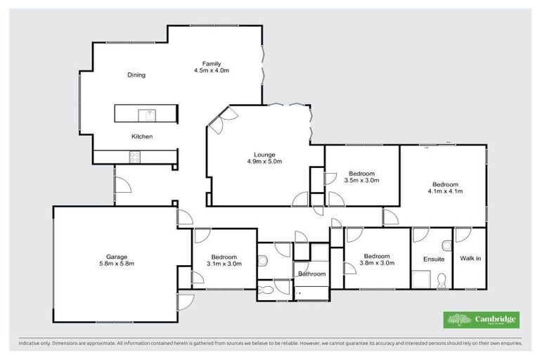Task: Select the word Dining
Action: pyautogui.click(x=136, y=75)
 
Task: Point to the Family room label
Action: pyautogui.click(x=212, y=64)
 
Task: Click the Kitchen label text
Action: pyautogui.click(x=141, y=136)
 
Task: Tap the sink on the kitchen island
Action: pyautogui.click(x=149, y=114)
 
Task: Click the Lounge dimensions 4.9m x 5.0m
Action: pyautogui.click(x=264, y=162)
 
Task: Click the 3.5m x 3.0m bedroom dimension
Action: pyautogui.click(x=361, y=181)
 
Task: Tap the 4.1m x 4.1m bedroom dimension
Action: pyautogui.click(x=444, y=191)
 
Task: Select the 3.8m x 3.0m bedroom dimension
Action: pyautogui.click(x=377, y=264)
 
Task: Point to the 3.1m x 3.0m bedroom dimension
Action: pyautogui.click(x=224, y=264)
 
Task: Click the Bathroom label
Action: pyautogui.click(x=311, y=274)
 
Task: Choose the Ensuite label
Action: pyautogui.click(x=433, y=259)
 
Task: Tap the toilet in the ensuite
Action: pyautogui.click(x=441, y=281)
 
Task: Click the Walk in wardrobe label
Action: pyautogui.click(x=470, y=259)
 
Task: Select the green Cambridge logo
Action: pyautogui.click(x=481, y=320)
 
